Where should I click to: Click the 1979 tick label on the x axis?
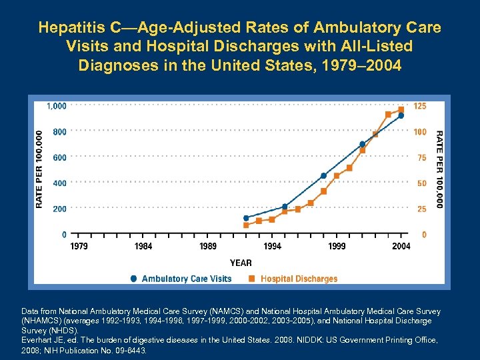(x=79, y=247)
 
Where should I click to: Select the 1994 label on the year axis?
(x=272, y=247)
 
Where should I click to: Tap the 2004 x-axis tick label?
(x=401, y=247)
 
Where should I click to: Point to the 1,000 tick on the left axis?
(x=56, y=106)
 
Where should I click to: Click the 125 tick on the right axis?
(x=420, y=106)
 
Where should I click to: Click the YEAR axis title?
(x=241, y=263)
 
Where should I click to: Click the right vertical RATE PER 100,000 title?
(x=439, y=168)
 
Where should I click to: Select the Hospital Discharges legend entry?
(x=299, y=279)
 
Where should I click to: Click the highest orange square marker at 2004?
(x=401, y=109)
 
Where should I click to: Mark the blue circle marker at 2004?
(x=401, y=115)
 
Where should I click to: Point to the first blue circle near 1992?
(x=246, y=218)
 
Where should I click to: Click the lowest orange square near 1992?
(x=246, y=225)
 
